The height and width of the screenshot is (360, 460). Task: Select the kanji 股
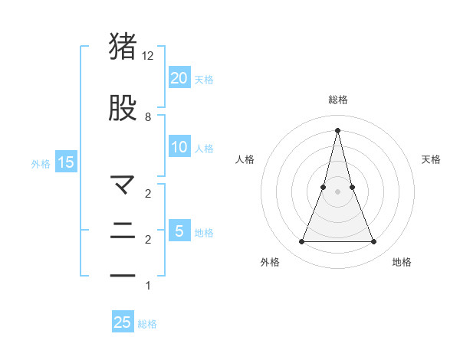coord(123,108)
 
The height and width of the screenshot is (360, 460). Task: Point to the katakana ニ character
coord(123,231)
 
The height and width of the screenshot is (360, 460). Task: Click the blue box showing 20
coord(179,77)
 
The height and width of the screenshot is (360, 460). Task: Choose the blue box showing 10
coord(179,147)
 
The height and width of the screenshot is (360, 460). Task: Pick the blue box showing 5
coord(179,231)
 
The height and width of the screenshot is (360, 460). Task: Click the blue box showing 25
coord(123,322)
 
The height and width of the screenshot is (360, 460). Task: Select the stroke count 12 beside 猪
coord(148,55)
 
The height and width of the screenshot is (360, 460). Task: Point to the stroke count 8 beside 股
coord(148,117)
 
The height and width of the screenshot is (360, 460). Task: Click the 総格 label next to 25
coord(147,323)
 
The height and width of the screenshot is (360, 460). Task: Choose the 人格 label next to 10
coord(204,148)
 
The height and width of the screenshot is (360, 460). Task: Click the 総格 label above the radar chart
coord(338,100)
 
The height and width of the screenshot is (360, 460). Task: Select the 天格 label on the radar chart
coord(432,159)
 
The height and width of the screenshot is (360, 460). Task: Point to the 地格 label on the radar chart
coord(402,262)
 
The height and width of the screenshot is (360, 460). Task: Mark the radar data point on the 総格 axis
coord(337,129)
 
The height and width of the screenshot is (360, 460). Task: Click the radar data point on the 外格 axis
coord(302,242)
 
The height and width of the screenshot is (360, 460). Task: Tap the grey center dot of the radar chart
coord(337,191)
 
